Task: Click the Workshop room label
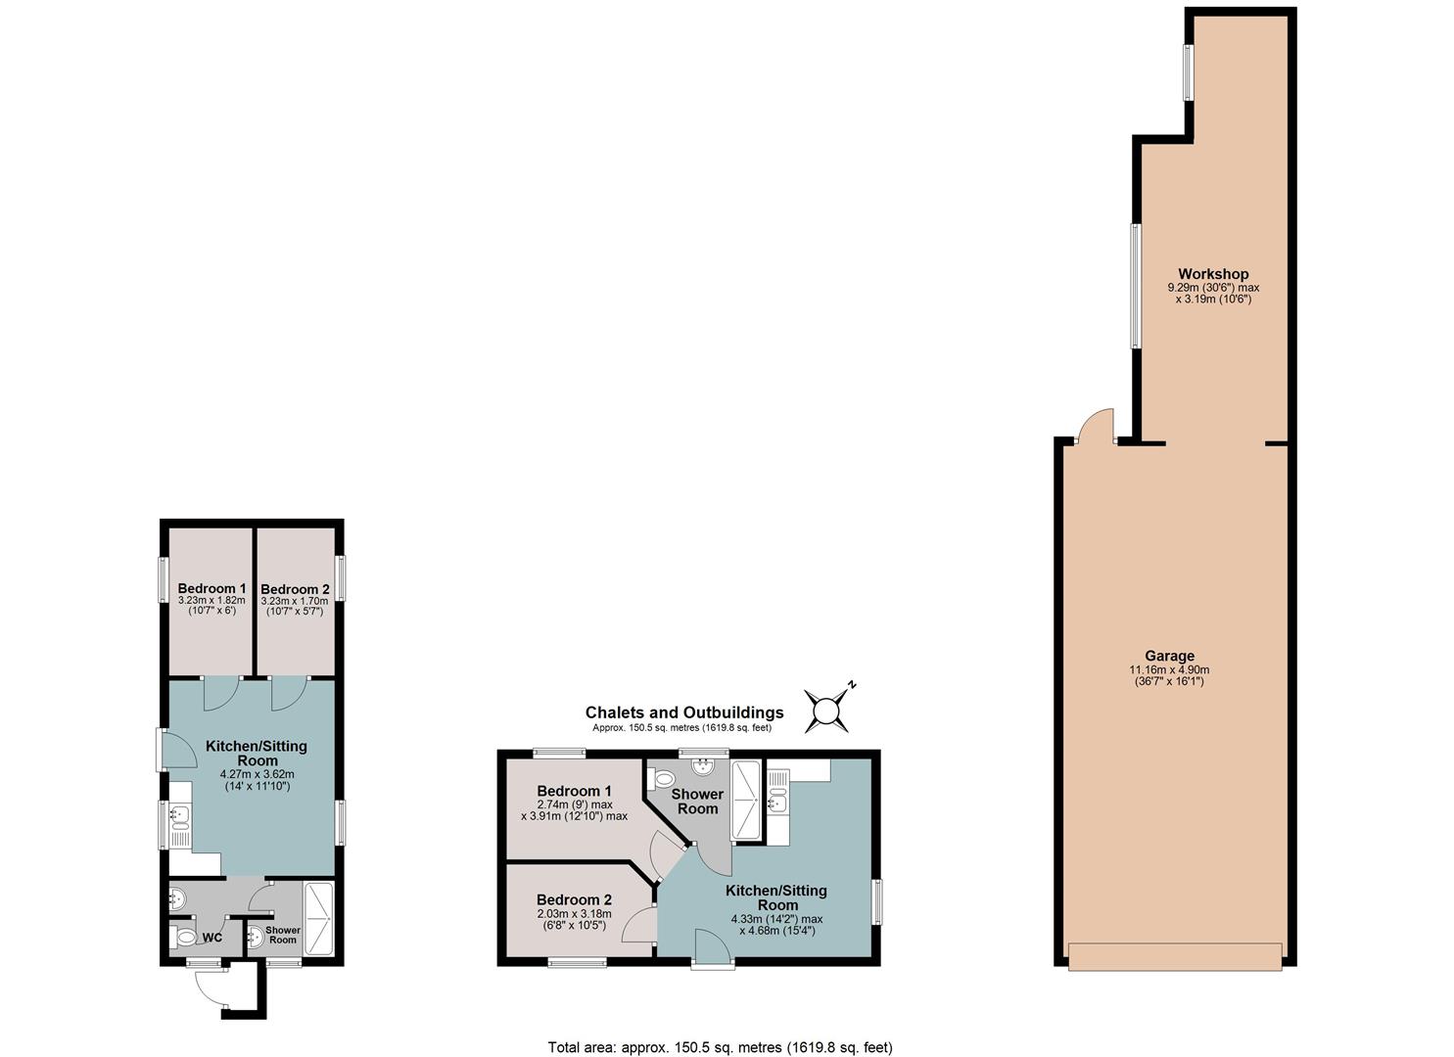click(x=1213, y=274)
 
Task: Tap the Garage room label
click(x=1169, y=656)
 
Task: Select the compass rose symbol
click(x=826, y=710)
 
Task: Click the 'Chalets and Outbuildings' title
click(x=684, y=712)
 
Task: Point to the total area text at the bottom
click(x=720, y=1029)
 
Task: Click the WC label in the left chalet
click(x=212, y=939)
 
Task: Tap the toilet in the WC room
click(x=183, y=937)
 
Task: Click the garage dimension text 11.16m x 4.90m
click(x=1169, y=670)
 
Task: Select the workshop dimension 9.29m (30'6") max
click(x=1213, y=288)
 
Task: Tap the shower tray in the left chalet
click(x=319, y=918)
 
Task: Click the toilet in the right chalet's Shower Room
click(x=663, y=779)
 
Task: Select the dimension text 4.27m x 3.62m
click(x=258, y=774)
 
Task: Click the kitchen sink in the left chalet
click(x=179, y=816)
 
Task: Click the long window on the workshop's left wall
click(x=1136, y=286)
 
